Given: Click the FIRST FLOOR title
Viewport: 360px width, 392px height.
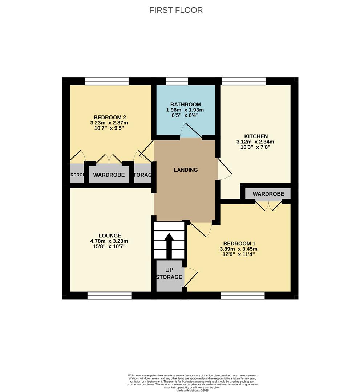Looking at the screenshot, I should click(x=176, y=10).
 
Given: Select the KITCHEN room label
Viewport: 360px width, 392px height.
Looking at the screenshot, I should click(x=256, y=136).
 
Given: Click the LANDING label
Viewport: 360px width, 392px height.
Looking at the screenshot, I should click(x=186, y=170).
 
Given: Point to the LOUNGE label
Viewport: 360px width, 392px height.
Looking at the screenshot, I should click(x=109, y=236).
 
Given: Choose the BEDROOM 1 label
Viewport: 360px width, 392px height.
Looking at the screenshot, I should click(x=238, y=244).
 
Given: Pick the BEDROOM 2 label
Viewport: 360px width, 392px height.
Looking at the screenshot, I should click(x=110, y=117).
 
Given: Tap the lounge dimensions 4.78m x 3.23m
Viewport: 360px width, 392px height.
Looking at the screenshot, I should click(x=109, y=241).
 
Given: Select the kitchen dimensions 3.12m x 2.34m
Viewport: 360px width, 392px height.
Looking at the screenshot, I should click(x=256, y=142).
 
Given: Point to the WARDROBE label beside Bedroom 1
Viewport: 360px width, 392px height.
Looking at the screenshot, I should click(x=268, y=194).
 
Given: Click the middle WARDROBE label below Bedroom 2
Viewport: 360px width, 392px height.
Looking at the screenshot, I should click(x=109, y=175).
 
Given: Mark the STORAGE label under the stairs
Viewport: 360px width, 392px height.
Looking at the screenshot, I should click(x=169, y=277).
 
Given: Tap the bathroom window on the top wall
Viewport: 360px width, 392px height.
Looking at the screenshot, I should click(x=177, y=81).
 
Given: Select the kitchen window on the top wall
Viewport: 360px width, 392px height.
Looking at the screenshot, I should click(x=243, y=81).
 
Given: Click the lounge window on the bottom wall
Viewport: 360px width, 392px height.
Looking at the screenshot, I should click(x=109, y=296).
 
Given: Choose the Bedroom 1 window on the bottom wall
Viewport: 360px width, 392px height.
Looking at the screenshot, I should click(x=242, y=296).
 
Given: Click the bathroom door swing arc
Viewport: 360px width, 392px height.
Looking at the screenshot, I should click(x=189, y=130).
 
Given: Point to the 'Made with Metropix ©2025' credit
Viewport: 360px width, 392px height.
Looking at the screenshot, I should click(x=193, y=390).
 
